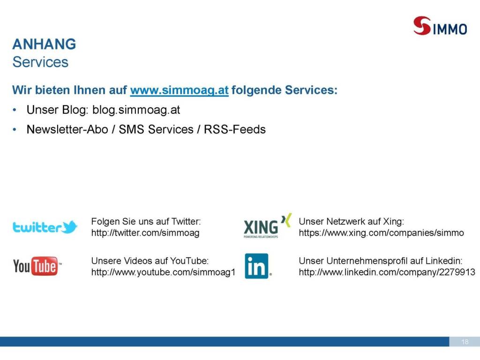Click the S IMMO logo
coord(440,26)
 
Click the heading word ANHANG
coord(44,44)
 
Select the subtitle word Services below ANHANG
coord(40,62)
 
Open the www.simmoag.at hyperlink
coord(180,90)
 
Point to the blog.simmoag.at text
coord(136,110)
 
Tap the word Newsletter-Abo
coord(67,129)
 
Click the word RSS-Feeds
coord(235,129)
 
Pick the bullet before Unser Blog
coord(15,110)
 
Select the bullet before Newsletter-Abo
coord(15,129)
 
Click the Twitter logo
coord(45,227)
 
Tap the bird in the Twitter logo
coord(69,227)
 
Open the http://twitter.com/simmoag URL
coord(145,233)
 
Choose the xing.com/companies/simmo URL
coord(382,233)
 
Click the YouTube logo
coord(37,266)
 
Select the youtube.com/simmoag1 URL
coord(163,272)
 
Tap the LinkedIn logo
coord(258,266)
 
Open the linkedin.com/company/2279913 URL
coord(387,272)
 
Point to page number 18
coord(465,342)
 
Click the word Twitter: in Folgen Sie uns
coord(186,221)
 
